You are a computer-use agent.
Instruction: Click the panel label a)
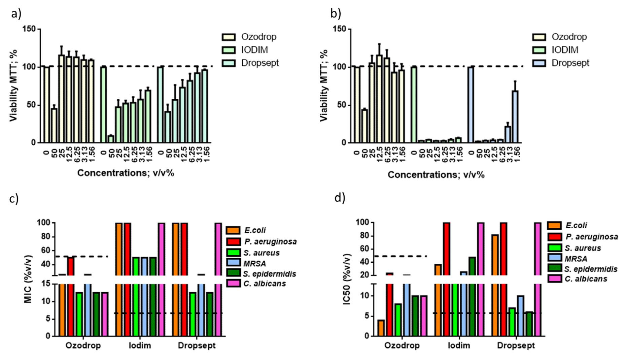coord(16,14)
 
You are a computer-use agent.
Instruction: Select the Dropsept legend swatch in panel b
coord(539,63)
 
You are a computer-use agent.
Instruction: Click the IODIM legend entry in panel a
coord(254,50)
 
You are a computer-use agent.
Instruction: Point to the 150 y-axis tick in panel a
coord(29,29)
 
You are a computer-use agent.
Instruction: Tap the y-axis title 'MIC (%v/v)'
coord(28,280)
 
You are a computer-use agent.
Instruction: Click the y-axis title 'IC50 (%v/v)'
coord(347,279)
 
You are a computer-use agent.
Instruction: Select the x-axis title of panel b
coord(436,174)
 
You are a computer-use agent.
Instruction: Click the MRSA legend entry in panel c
coord(254,263)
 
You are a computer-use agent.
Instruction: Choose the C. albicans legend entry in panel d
coord(586,279)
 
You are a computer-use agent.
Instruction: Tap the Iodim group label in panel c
coord(140,345)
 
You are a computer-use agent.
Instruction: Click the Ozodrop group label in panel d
coord(402,345)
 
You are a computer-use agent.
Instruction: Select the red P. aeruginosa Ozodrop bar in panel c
coord(70,296)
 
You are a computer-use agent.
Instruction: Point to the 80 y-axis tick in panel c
coord(45,237)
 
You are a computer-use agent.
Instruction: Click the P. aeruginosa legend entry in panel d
coord(592,237)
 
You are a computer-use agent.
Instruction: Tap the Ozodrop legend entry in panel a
coord(258,37)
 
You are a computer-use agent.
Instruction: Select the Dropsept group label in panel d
coord(516,345)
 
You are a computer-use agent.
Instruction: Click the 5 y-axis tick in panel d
coord(367,316)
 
